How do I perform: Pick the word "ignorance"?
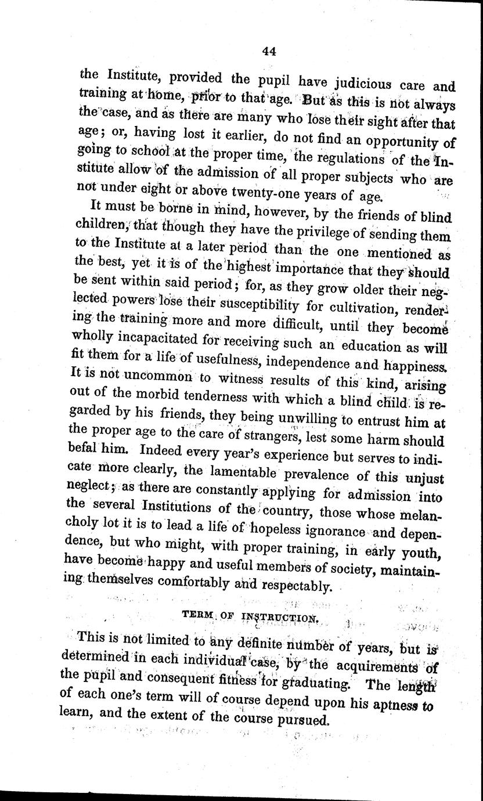click(x=324, y=531)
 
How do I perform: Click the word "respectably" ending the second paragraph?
click(x=296, y=586)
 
